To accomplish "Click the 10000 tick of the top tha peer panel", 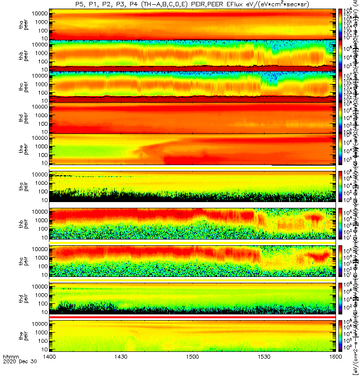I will (x=38, y=13).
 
